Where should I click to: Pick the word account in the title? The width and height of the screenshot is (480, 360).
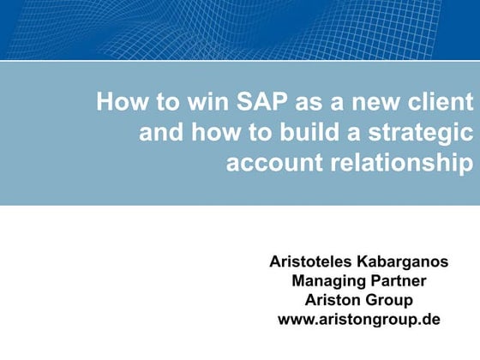267,162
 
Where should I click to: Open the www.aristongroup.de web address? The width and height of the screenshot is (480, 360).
359,320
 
